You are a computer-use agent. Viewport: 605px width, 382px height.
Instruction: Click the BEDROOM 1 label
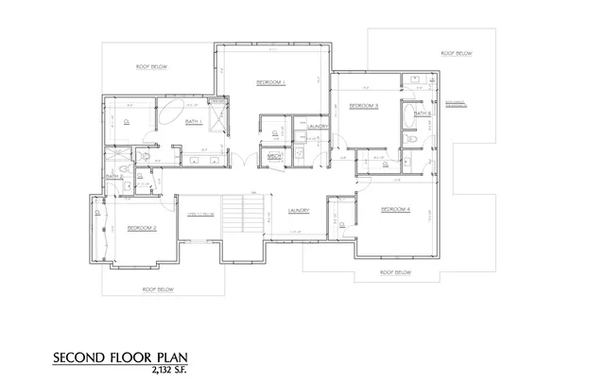point(271,83)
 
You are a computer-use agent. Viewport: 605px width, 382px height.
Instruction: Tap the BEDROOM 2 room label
point(142,229)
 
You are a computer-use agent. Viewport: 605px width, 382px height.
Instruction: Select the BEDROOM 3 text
point(364,105)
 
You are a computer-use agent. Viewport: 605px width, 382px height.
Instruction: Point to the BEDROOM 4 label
point(395,208)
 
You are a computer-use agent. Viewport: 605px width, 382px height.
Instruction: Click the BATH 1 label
point(193,121)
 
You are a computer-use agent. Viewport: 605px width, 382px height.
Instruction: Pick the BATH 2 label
point(113,175)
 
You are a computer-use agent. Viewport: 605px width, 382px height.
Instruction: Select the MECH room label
point(276,157)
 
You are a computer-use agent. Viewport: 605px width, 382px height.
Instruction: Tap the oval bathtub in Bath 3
point(406,116)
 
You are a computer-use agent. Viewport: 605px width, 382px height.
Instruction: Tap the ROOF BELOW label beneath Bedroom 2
point(157,288)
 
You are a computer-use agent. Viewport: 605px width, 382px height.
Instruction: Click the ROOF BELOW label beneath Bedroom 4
point(395,272)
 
